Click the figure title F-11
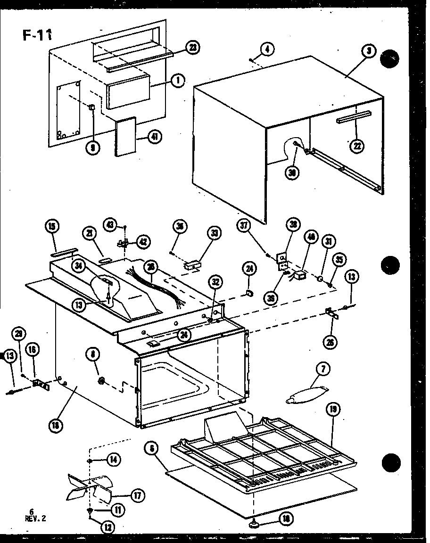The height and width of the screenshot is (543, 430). click(37, 35)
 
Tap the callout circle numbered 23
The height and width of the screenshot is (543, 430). click(192, 47)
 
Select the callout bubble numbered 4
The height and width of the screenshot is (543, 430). click(267, 48)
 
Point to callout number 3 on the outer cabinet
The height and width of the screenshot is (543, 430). click(369, 52)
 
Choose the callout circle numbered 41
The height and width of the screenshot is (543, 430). click(154, 137)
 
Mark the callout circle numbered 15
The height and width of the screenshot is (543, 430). click(52, 227)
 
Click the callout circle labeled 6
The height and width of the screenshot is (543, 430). click(152, 449)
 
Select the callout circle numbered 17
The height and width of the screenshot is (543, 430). click(138, 495)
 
